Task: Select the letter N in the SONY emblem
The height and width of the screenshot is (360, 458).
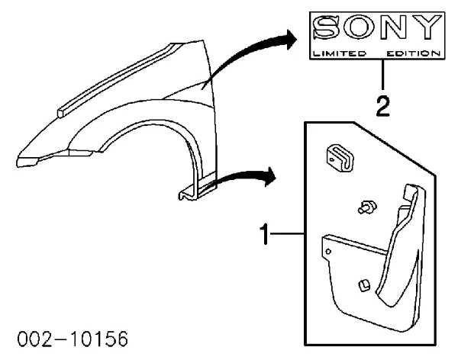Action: [392, 27]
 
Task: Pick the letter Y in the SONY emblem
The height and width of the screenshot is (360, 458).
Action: [425, 27]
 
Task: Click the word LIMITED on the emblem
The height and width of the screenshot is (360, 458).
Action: [339, 53]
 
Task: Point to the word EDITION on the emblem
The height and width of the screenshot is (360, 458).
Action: [413, 53]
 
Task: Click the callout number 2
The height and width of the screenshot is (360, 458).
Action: [382, 106]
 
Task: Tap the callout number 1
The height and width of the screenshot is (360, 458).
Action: [264, 234]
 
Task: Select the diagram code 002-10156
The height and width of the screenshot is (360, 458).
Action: [73, 339]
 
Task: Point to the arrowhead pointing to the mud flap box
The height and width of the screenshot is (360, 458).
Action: [270, 177]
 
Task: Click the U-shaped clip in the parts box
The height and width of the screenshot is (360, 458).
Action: [340, 158]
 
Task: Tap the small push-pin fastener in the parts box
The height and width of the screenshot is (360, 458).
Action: [367, 207]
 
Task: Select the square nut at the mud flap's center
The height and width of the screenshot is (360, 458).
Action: [363, 284]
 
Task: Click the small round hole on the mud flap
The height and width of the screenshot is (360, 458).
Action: [328, 251]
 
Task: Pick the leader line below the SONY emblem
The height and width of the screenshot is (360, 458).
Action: [382, 75]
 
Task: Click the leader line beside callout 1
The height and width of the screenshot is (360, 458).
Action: [288, 233]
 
